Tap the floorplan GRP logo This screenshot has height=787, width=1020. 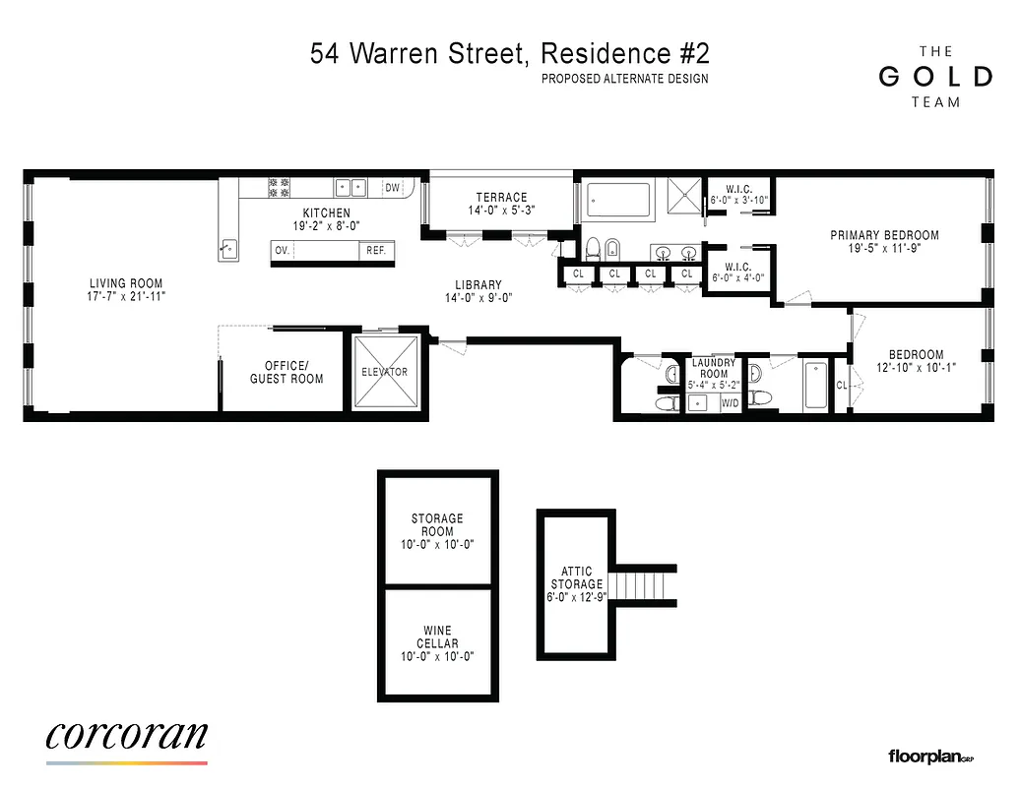click(930, 757)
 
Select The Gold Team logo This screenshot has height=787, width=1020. click(933, 77)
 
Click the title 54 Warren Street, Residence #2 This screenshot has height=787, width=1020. click(509, 53)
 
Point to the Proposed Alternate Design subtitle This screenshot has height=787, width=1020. click(624, 80)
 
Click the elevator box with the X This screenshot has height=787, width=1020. click(384, 372)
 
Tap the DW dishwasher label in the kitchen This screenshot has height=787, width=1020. click(392, 188)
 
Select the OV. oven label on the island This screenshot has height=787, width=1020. click(283, 251)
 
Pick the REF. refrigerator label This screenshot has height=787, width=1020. click(376, 251)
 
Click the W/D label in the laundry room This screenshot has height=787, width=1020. click(731, 403)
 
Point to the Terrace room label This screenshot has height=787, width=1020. click(502, 198)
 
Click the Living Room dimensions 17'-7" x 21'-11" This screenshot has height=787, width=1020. click(126, 295)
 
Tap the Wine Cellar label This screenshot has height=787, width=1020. click(438, 637)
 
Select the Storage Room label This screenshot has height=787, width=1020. click(438, 525)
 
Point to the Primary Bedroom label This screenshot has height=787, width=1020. click(884, 235)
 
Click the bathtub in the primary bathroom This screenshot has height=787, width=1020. click(619, 201)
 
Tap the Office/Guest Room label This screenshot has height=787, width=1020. click(286, 372)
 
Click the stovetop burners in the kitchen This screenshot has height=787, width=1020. click(280, 187)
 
